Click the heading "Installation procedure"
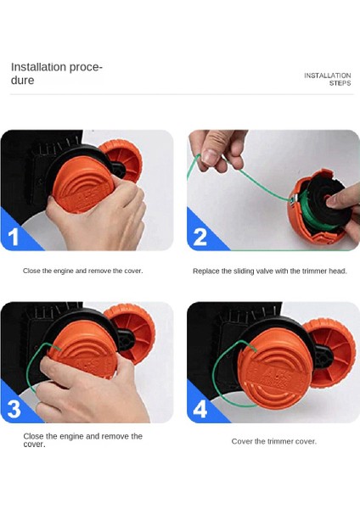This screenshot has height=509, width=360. (x=56, y=73)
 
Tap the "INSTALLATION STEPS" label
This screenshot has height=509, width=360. (x=328, y=79)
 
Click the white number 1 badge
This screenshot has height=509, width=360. (x=14, y=236)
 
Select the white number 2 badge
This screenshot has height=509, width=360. (x=200, y=236)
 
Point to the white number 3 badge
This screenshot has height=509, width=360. (x=14, y=408)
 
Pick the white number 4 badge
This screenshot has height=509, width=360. (x=200, y=408)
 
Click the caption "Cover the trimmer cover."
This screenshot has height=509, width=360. (x=273, y=441)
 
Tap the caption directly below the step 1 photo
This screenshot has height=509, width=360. (x=83, y=271)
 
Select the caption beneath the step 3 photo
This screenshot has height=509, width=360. (x=82, y=439)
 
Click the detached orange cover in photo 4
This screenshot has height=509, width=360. (x=329, y=351)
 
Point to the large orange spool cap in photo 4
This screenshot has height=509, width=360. (x=272, y=370)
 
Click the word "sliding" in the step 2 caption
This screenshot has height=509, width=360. (x=255, y=271)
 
